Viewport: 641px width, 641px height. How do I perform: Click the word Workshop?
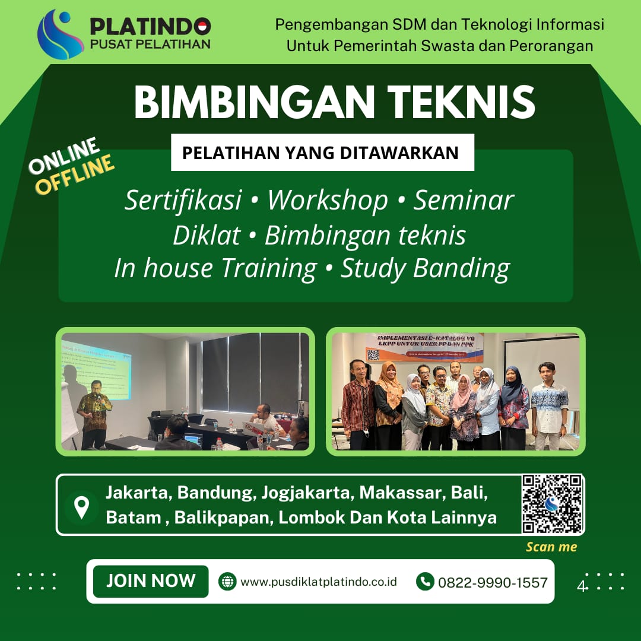tap(327, 201)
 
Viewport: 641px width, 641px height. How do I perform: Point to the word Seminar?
tap(464, 201)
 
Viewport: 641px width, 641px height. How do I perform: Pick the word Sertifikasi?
tap(183, 201)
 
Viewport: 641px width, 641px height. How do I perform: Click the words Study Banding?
tap(425, 268)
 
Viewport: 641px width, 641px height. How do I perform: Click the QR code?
tap(552, 504)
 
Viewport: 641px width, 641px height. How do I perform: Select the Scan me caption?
tap(551, 547)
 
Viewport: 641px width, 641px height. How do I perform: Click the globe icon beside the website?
tap(227, 582)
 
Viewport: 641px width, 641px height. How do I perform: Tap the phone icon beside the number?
tap(425, 582)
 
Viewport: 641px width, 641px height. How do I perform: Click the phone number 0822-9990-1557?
tap(493, 582)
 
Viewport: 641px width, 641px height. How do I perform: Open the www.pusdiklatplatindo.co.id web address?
tap(318, 582)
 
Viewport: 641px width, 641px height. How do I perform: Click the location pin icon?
tap(81, 506)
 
